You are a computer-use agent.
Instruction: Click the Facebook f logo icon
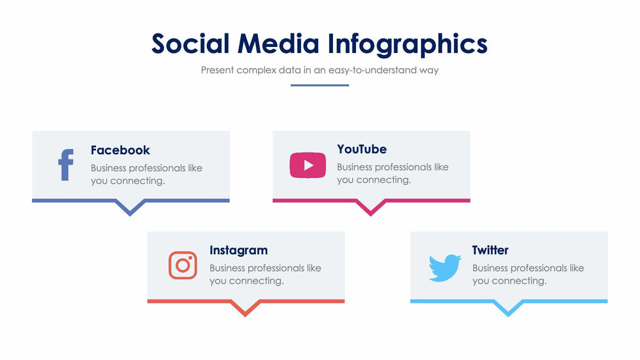click(65, 165)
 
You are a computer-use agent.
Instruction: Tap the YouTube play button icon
click(308, 165)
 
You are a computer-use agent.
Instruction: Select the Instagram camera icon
click(183, 265)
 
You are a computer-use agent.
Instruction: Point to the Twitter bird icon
click(445, 268)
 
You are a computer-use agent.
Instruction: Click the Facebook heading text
click(120, 150)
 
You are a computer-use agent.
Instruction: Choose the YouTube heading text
click(362, 149)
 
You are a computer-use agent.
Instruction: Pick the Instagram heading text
click(238, 250)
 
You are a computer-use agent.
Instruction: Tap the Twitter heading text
click(490, 250)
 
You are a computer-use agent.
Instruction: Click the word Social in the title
click(190, 44)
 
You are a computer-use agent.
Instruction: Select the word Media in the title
click(278, 44)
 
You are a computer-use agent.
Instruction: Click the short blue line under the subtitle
click(320, 85)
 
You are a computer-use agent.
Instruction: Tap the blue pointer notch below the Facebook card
click(131, 208)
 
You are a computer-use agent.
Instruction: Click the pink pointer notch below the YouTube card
click(371, 208)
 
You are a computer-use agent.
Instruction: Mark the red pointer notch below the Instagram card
click(246, 309)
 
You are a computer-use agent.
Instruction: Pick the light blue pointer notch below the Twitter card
click(508, 309)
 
